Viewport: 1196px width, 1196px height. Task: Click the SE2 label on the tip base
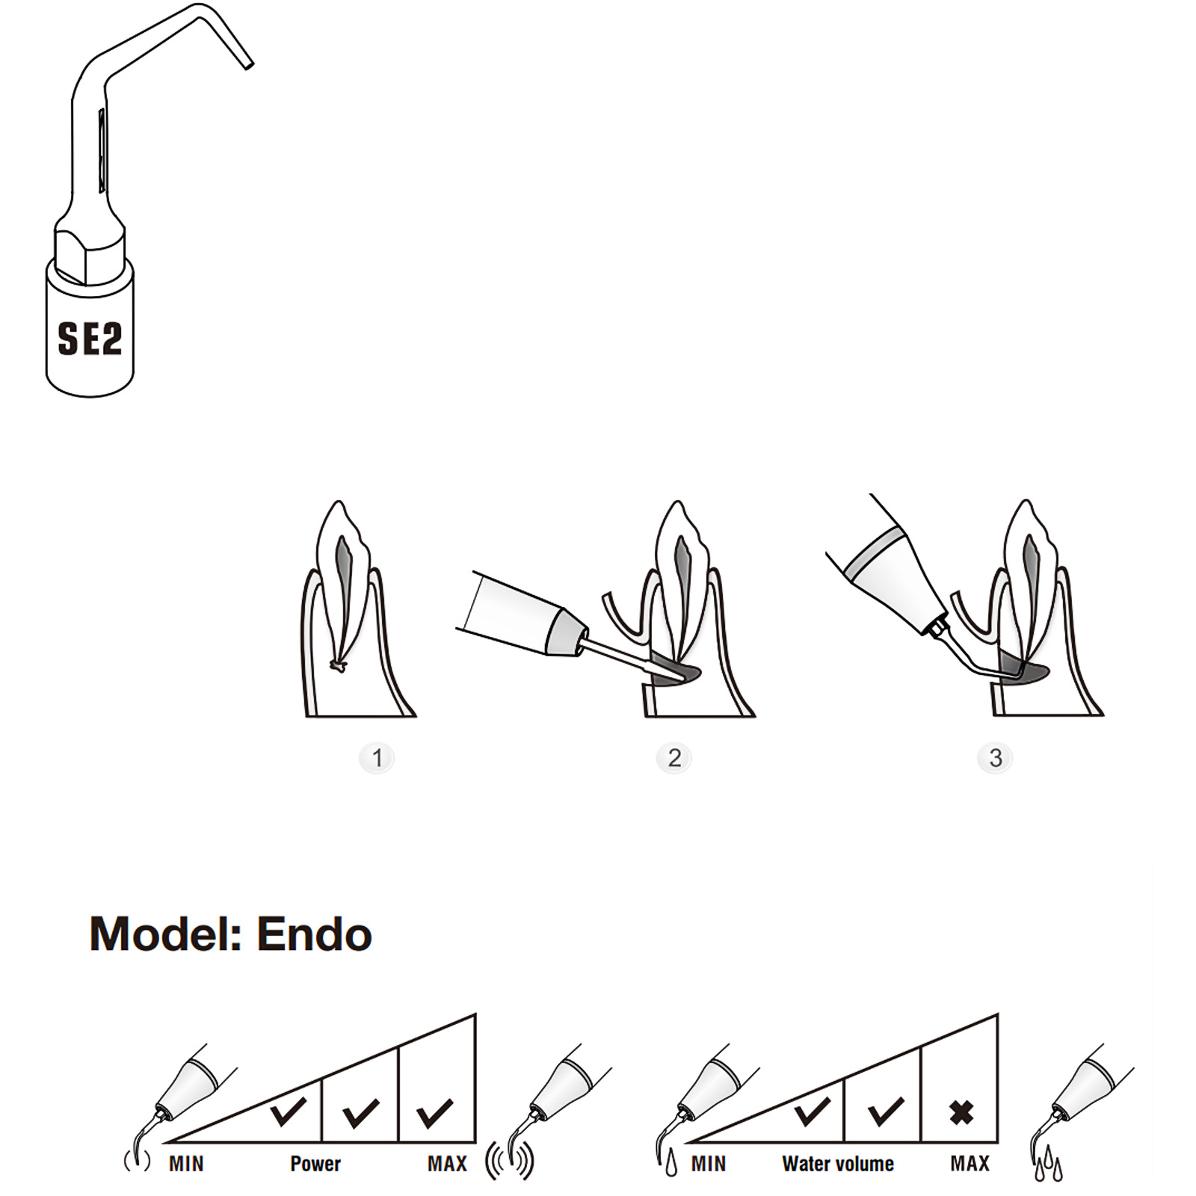point(90,339)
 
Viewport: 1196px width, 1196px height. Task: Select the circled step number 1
point(377,758)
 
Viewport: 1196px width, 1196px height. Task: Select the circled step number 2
point(674,758)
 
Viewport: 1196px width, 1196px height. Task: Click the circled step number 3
point(995,758)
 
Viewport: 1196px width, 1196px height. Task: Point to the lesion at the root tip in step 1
point(339,667)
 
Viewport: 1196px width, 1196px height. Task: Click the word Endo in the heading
point(314,934)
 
